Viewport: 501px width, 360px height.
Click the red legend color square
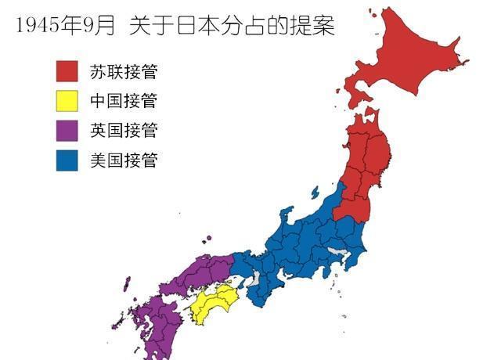click(67, 71)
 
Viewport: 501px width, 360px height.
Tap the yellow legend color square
click(67, 100)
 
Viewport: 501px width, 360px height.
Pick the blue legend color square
click(67, 160)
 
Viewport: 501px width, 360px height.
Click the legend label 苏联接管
click(124, 72)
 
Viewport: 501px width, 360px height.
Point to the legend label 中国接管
click(124, 101)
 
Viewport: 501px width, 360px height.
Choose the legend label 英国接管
click(124, 130)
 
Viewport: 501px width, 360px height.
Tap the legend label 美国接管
click(124, 160)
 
